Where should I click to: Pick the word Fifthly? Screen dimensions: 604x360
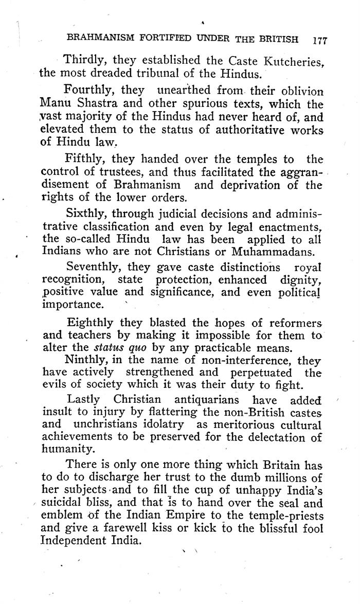tap(83, 159)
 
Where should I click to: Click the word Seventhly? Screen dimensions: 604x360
tap(95, 268)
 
